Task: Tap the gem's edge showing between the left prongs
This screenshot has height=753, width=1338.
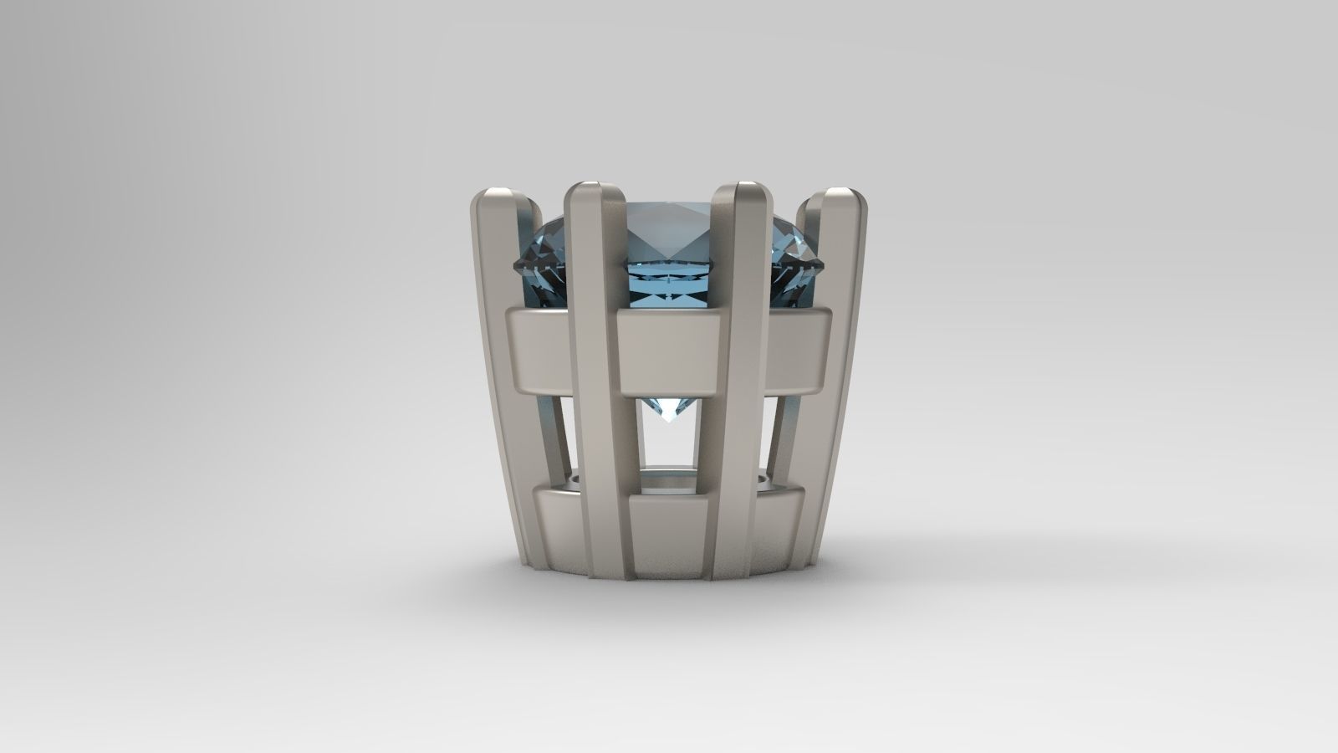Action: coord(544,259)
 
